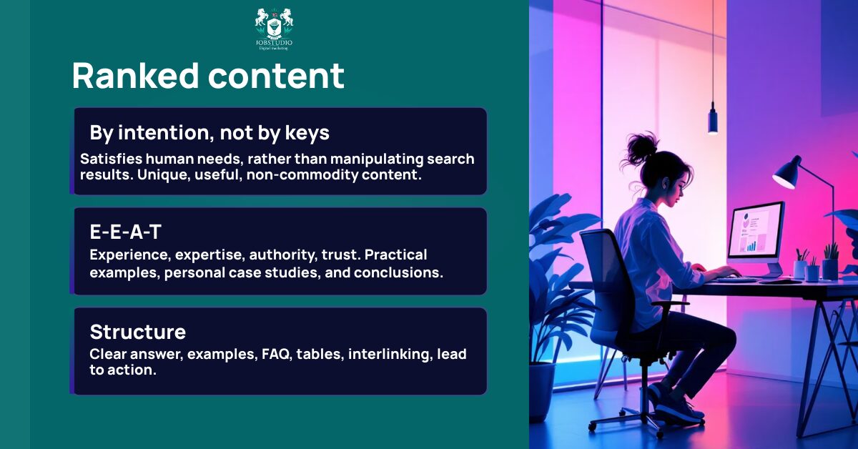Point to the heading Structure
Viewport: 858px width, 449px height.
pos(137,332)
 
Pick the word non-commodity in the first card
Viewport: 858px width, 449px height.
pos(297,174)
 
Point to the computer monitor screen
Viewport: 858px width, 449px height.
pos(755,231)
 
